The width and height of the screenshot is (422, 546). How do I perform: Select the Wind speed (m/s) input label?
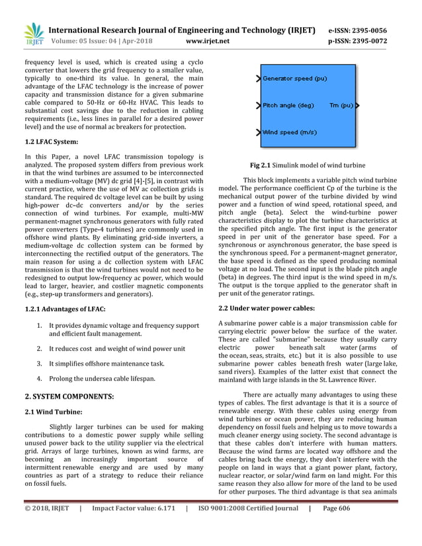[290, 132]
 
